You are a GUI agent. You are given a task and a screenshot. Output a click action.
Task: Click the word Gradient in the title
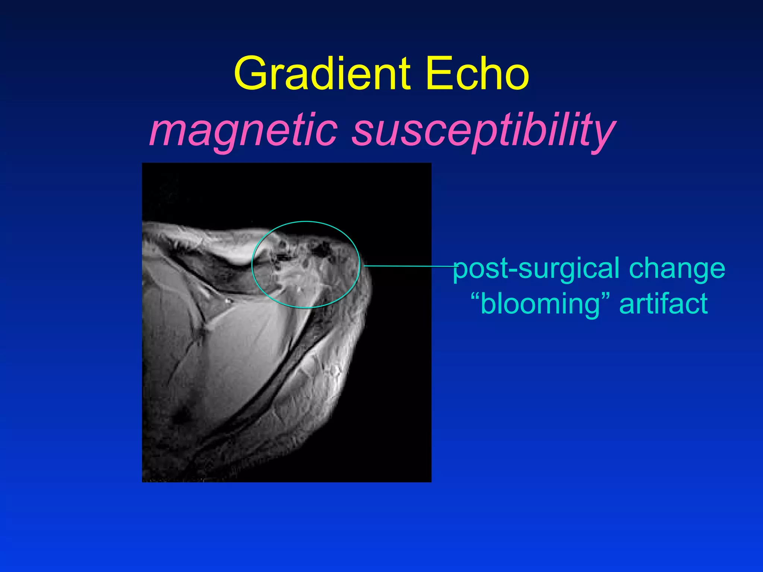[323, 74]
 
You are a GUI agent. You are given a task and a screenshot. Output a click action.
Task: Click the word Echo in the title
[477, 74]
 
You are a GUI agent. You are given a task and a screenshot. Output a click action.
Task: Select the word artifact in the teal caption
[663, 304]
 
